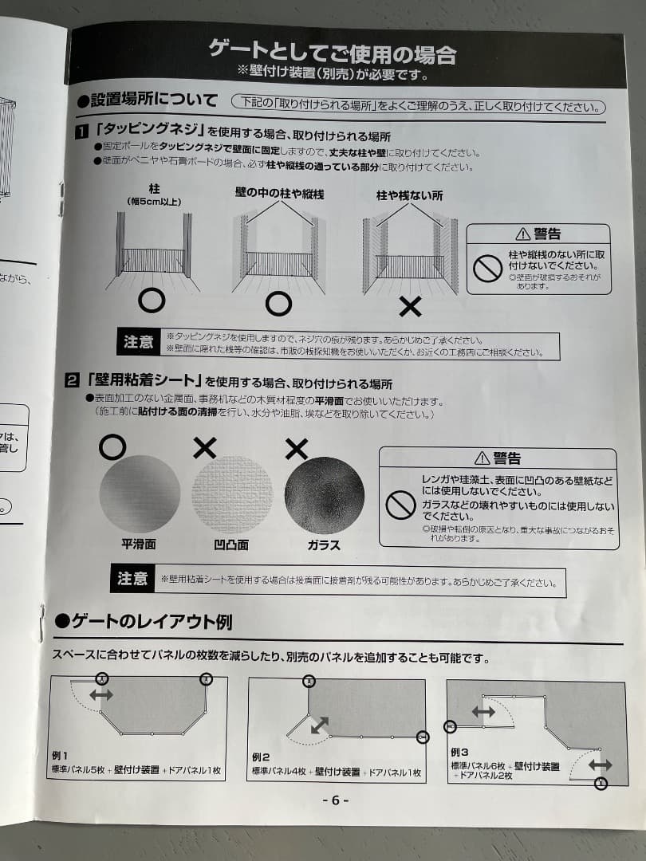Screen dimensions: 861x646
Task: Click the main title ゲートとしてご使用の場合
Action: (x=333, y=53)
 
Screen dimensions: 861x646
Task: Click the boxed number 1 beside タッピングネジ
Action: (x=81, y=130)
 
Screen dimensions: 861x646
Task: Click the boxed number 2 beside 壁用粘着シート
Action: (x=72, y=382)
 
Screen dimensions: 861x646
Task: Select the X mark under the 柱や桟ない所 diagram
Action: (x=410, y=305)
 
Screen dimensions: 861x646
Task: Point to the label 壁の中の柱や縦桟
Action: (x=279, y=194)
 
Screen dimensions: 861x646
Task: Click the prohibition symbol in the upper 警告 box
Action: (x=487, y=269)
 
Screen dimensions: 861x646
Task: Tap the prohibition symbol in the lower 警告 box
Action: (x=400, y=505)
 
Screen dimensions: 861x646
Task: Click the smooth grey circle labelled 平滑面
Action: (x=140, y=493)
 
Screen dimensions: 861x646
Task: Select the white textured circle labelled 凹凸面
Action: (x=232, y=494)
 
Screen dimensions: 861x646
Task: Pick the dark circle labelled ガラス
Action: (x=324, y=495)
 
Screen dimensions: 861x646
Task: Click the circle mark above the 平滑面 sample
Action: (x=112, y=447)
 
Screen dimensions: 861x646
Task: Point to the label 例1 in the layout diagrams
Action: (x=61, y=755)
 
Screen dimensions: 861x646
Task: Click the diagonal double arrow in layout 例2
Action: (x=319, y=725)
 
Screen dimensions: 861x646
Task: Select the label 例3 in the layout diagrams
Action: (x=460, y=752)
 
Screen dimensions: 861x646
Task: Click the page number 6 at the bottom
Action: (x=335, y=800)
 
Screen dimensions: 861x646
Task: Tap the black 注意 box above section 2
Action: (x=138, y=342)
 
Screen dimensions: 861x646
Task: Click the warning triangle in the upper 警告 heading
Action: (x=522, y=234)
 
